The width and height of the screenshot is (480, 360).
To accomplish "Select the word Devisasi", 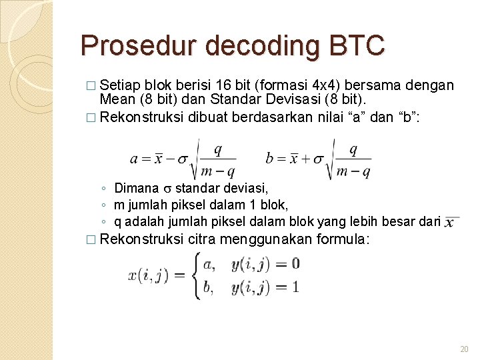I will [x=275, y=99].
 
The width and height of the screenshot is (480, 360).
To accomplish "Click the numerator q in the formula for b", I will [x=353, y=150].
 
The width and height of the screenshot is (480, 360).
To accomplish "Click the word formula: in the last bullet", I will [x=342, y=239].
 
